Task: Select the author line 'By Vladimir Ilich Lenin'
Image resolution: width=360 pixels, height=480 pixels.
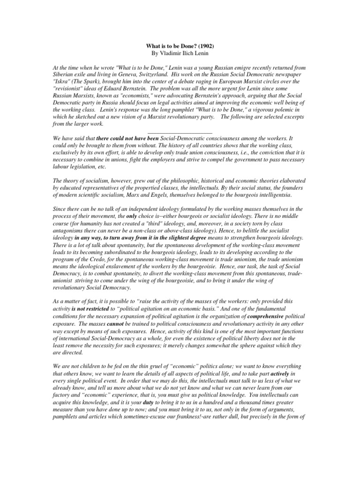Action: point(180,54)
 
